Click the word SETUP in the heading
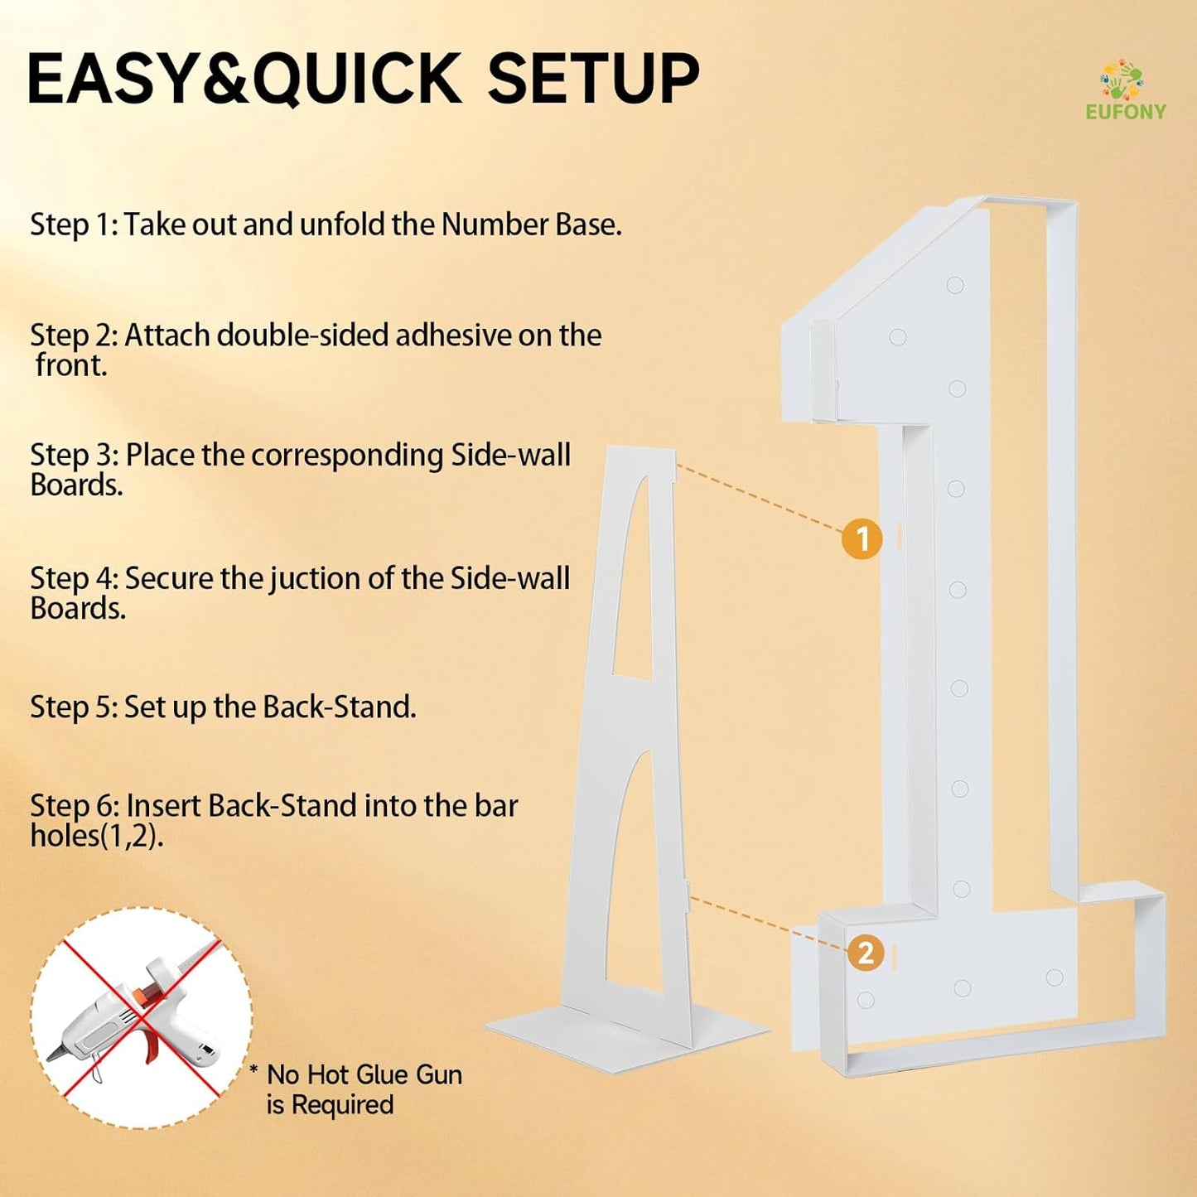pyautogui.click(x=593, y=78)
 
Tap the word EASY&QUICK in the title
pyautogui.click(x=244, y=79)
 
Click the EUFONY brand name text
pyautogui.click(x=1126, y=112)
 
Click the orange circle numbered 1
pyautogui.click(x=862, y=539)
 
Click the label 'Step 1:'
pyautogui.click(x=74, y=224)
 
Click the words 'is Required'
pyautogui.click(x=330, y=1105)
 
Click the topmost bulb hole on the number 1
pyautogui.click(x=955, y=285)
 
